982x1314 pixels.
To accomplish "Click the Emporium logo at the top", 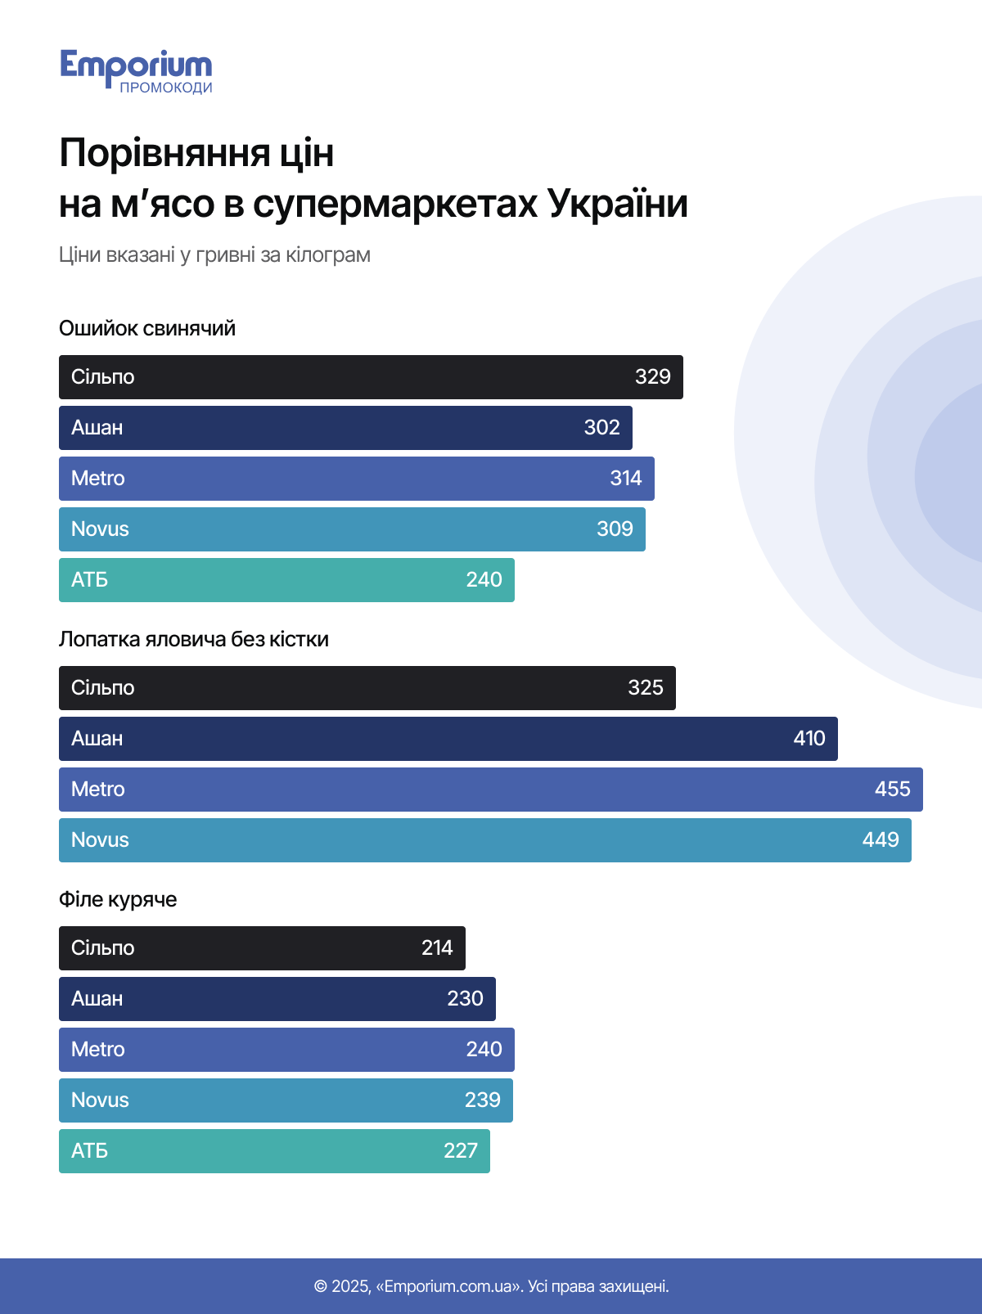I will coord(136,70).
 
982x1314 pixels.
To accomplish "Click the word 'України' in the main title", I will coord(617,205).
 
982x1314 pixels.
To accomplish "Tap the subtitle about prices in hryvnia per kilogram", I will coord(214,255).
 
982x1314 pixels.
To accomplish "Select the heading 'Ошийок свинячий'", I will coord(147,329).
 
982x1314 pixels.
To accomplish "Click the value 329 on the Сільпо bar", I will coord(652,377).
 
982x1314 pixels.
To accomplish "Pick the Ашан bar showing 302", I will coord(345,428).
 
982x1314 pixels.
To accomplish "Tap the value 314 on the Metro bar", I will coord(625,479).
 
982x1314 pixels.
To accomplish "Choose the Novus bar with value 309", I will coord(352,529).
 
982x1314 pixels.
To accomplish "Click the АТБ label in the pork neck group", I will coord(89,580).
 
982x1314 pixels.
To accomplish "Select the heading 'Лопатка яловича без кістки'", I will coord(194,640).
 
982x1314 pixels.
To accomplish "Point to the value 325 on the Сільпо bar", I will coord(645,688).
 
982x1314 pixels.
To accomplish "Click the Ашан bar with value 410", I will coord(448,739).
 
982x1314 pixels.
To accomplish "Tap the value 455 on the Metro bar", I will coord(892,790).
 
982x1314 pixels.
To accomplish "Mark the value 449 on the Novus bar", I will coord(881,840).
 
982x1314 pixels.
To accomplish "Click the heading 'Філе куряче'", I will coord(118,900).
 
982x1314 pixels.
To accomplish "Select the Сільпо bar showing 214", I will coord(262,948).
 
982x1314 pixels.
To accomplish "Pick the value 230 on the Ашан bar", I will coord(465,999).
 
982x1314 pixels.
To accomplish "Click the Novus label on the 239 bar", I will coord(100,1100).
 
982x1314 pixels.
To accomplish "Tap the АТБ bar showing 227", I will coord(274,1151).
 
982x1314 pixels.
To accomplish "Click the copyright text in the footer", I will coord(491,1286).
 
